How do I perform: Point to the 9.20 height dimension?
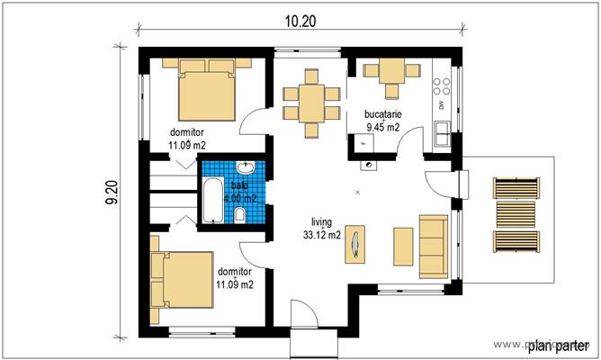coord(112,190)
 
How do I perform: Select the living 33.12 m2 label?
coord(322,229)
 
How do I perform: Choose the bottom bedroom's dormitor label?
coord(234,277)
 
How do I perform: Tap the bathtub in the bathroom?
coord(211,201)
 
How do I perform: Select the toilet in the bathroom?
coord(241,215)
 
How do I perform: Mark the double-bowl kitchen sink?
coord(442,133)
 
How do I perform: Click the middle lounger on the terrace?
coord(517,215)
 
